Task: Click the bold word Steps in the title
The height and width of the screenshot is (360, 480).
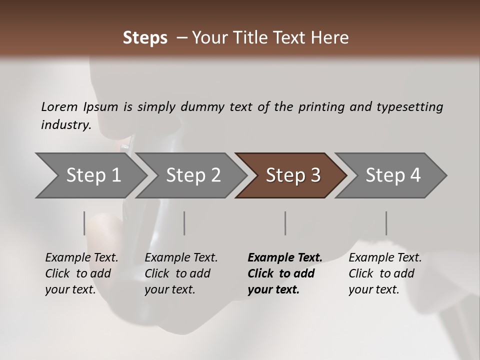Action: point(145,38)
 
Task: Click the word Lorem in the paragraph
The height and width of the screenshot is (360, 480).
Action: point(59,106)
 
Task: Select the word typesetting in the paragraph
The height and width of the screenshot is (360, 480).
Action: point(409,106)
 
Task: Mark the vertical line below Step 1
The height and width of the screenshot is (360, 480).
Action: point(84,223)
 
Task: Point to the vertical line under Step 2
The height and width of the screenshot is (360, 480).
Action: point(184,223)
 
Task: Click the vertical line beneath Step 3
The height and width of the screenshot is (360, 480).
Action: point(285,223)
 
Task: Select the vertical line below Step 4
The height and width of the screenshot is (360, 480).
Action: point(386,223)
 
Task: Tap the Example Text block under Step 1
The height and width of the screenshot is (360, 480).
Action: point(81,273)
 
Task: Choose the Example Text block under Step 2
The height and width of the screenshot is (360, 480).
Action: point(181,273)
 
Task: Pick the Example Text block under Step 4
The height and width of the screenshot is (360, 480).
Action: point(385,273)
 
